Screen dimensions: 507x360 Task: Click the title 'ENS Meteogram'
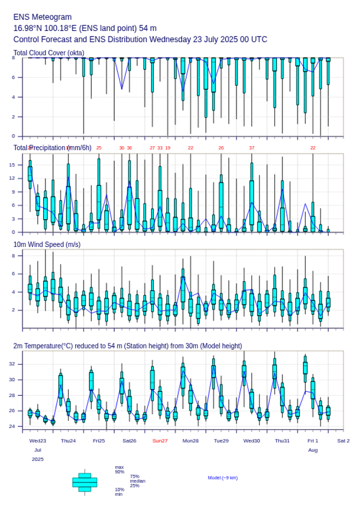coord(43,17)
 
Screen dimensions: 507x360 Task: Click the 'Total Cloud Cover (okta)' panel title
coord(49,53)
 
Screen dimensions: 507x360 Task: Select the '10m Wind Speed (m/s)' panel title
coord(47,244)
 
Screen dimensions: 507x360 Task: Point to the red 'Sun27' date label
coord(160,441)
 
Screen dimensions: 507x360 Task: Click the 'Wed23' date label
coord(38,441)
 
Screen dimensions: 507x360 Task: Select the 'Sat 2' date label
coord(343,441)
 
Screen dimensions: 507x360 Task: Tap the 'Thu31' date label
coord(282,441)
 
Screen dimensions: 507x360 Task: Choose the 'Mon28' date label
coord(191,441)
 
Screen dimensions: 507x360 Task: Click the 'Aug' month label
coord(313,450)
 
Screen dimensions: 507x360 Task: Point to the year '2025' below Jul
coord(38,459)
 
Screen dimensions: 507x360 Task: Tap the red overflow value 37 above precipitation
coord(251,148)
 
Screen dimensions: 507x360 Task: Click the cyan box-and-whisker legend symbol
coord(85,482)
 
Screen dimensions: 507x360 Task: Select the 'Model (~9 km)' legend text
coord(223,478)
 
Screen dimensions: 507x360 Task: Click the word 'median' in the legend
coord(137,481)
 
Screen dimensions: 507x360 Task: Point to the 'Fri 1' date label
coord(313,441)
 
